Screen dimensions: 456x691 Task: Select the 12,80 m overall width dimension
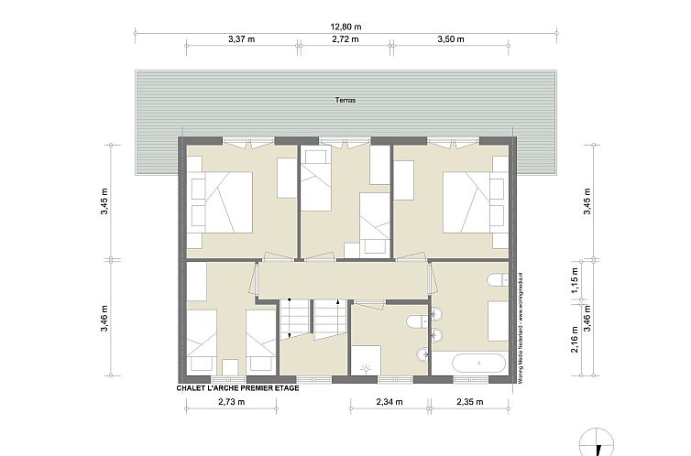[x=345, y=27]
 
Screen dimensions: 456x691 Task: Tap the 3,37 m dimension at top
[x=241, y=39]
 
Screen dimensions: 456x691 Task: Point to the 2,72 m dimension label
[x=345, y=39]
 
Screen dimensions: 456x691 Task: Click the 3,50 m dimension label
[x=451, y=39]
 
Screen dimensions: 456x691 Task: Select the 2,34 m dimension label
[x=389, y=402]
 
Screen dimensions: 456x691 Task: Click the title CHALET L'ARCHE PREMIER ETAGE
[x=237, y=388]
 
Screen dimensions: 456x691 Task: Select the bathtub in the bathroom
[x=468, y=364]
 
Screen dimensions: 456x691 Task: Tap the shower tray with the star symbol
[x=366, y=361]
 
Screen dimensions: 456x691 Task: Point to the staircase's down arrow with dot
[x=290, y=304]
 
